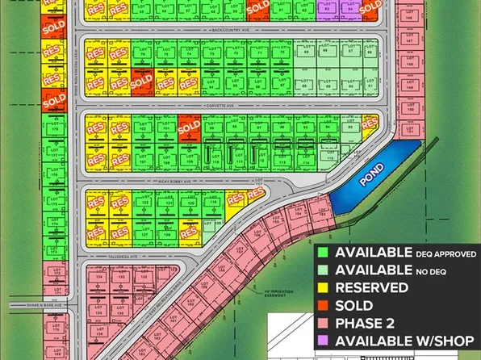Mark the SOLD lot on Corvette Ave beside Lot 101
189,128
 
